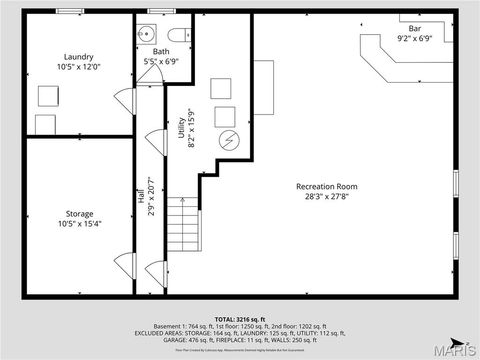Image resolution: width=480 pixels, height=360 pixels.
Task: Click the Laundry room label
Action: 79,57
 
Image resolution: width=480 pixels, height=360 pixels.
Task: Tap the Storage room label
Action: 79,214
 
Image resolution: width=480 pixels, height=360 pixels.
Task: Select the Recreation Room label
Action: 326,187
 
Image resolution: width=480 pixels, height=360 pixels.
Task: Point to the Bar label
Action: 413,28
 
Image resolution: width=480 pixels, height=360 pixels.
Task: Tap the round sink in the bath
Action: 144,33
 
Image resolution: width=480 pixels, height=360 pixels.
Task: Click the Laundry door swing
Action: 123,100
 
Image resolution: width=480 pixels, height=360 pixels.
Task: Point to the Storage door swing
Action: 123,265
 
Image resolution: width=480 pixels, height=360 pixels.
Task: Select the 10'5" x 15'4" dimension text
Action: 79,225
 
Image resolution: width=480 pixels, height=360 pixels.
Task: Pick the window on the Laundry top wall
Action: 70,14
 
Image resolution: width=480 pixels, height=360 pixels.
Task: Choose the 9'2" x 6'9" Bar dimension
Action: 413,39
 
